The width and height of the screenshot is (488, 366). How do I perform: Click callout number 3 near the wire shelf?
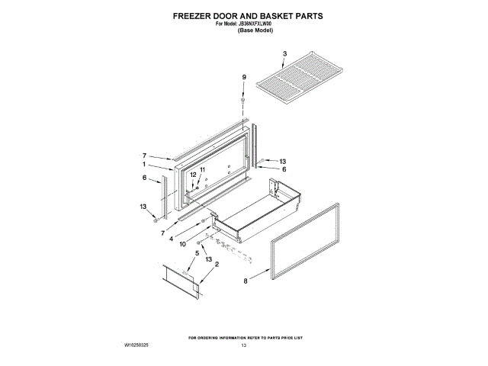pyautogui.click(x=283, y=54)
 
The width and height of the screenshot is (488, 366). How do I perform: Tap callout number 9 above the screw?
pyautogui.click(x=244, y=77)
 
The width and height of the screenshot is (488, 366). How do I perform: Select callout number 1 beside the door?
pyautogui.click(x=143, y=164)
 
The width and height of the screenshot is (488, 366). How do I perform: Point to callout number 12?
pyautogui.click(x=193, y=175)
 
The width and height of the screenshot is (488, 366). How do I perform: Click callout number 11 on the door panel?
pyautogui.click(x=203, y=169)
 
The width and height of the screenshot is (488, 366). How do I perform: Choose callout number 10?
pyautogui.click(x=183, y=245)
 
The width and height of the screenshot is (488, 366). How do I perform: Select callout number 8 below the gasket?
pyautogui.click(x=245, y=281)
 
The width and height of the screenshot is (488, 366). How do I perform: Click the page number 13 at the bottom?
pyautogui.click(x=244, y=346)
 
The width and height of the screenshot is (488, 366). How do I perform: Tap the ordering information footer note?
pyautogui.click(x=244, y=336)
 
